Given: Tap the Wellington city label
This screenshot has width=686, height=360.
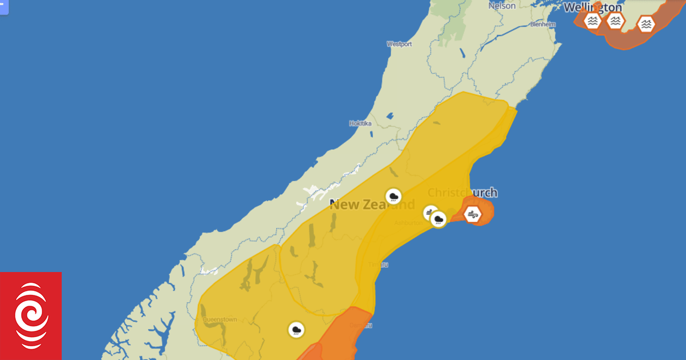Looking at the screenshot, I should [593, 7].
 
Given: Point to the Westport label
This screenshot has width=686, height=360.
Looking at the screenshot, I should [400, 43].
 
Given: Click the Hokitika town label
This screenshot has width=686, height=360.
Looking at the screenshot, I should [360, 123].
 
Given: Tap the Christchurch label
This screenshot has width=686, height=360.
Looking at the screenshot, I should [462, 193].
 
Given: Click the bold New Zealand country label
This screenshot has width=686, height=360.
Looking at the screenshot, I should [372, 205].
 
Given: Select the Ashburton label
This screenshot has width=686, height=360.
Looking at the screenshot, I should [408, 223].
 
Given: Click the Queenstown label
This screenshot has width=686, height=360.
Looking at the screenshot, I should [220, 319].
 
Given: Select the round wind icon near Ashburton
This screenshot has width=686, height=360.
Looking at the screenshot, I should [430, 213].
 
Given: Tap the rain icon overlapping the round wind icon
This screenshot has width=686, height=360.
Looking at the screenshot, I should [438, 219].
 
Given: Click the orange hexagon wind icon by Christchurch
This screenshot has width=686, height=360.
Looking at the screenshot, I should [472, 215].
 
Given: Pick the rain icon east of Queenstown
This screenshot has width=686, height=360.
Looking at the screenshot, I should [296, 330].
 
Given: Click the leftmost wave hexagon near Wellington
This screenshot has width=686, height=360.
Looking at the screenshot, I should [593, 22].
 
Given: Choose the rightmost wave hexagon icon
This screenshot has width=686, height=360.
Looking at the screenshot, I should [647, 24].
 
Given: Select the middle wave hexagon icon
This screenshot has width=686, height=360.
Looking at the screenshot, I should [615, 22].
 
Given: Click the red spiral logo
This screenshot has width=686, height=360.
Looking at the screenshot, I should [31, 316].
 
